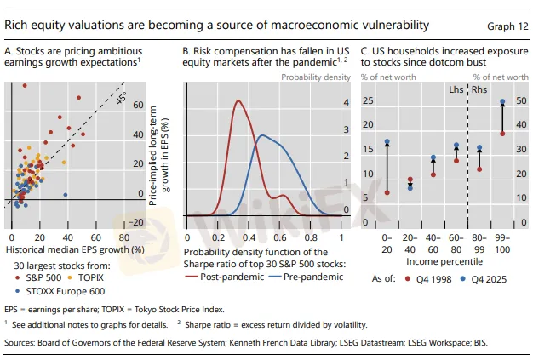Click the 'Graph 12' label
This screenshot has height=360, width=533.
[x=507, y=26]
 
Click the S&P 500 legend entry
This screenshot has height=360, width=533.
[x=38, y=277]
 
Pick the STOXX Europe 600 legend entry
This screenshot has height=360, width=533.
[x=60, y=291]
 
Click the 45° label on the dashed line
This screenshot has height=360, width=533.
[x=121, y=98]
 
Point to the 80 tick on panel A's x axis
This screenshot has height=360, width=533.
[x=124, y=237]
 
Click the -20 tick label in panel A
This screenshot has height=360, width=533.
[x=136, y=222]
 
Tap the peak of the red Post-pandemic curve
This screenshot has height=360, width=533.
[x=238, y=100]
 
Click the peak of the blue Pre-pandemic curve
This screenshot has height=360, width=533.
[x=262, y=135]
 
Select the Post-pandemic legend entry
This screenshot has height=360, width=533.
[x=224, y=277]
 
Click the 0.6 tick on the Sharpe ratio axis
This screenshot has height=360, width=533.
[x=279, y=237]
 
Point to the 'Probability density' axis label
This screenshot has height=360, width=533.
[x=316, y=77]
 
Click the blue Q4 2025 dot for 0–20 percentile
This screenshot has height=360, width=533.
[x=387, y=141]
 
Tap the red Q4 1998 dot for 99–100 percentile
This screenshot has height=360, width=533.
[x=502, y=134]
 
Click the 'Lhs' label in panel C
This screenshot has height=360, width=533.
[x=456, y=89]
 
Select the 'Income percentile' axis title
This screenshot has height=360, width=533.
[x=444, y=261]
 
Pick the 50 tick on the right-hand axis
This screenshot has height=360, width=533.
[x=521, y=101]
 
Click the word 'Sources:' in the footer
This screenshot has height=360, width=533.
[x=20, y=343]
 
